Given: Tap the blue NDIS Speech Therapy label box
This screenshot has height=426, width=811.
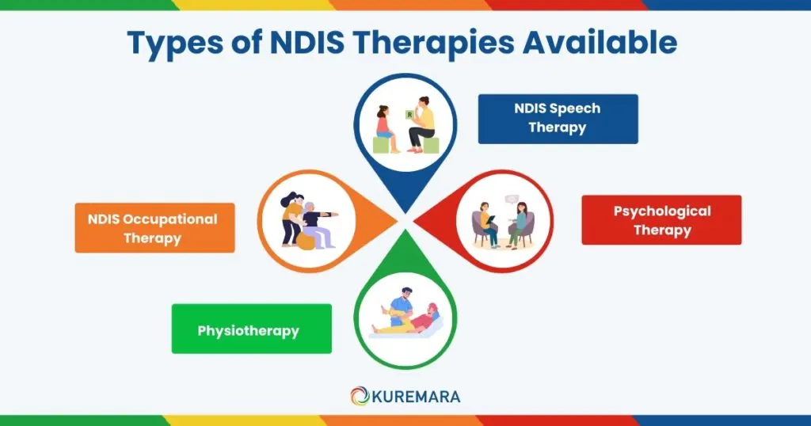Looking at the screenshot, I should (x=558, y=119).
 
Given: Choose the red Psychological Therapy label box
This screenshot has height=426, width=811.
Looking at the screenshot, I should (x=661, y=220).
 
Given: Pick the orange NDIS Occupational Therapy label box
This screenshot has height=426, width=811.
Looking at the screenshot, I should (x=154, y=228).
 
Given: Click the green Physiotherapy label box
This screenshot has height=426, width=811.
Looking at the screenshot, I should (x=251, y=329).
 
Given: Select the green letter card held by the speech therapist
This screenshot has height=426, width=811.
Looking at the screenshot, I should (x=409, y=116).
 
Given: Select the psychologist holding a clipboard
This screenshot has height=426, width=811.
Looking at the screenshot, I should (x=485, y=223).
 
